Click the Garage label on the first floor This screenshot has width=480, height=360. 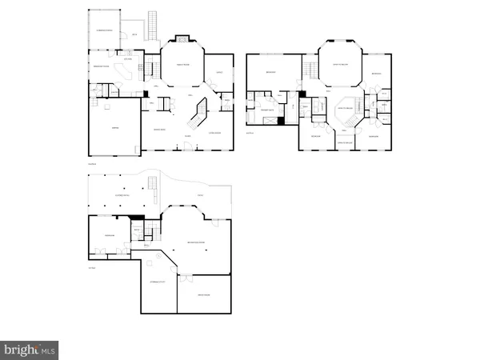115,127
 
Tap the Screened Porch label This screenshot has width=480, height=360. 104,30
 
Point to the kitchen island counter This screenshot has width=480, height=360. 126,70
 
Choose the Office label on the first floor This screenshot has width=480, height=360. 219,74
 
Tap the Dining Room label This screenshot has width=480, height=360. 158,129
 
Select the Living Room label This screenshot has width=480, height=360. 214,133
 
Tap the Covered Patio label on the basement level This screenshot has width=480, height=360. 122,194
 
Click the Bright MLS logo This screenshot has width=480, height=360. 30,349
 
